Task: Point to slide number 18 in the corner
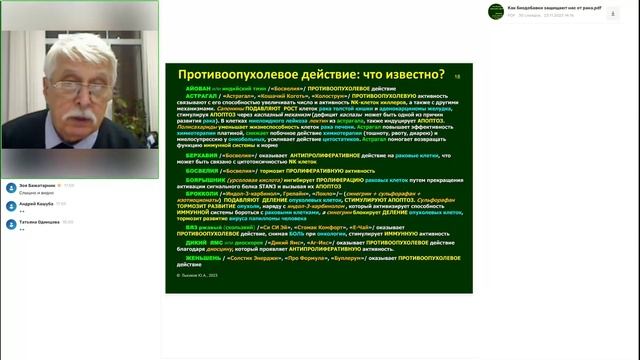pyautogui.click(x=457, y=76)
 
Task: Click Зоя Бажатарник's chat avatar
pyautogui.click(x=10, y=187)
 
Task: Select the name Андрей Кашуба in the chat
pyautogui.click(x=39, y=204)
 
